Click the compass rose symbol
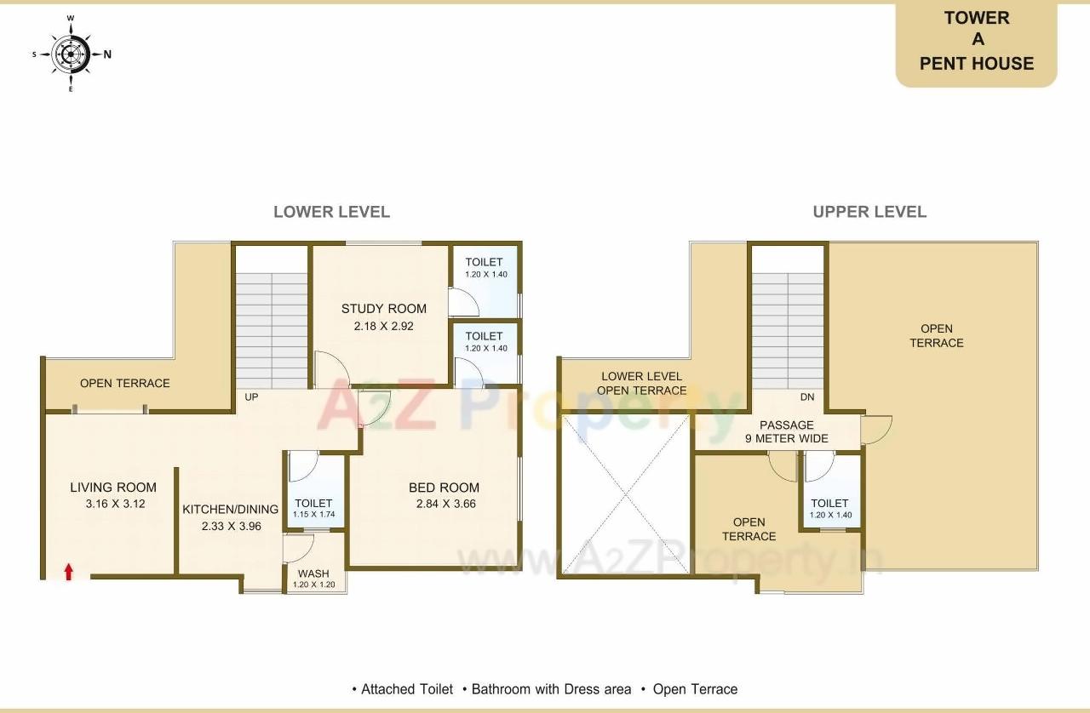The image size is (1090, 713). [x=71, y=54]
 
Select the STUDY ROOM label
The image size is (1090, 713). [x=384, y=308]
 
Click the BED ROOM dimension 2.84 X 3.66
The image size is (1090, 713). [x=445, y=504]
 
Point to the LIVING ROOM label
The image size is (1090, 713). [x=113, y=488]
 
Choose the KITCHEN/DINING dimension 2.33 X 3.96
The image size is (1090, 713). [x=231, y=526]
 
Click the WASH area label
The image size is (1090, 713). [x=313, y=573]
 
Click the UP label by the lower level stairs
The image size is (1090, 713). [x=251, y=397]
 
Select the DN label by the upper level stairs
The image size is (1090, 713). [x=808, y=397]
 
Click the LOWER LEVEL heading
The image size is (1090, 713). [x=331, y=212]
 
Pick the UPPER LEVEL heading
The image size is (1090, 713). [x=869, y=212]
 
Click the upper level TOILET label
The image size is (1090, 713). [x=829, y=503]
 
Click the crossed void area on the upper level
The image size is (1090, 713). [x=626, y=494]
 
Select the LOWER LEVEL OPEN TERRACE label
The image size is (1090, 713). [x=641, y=383]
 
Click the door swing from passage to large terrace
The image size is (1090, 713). [x=875, y=429]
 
